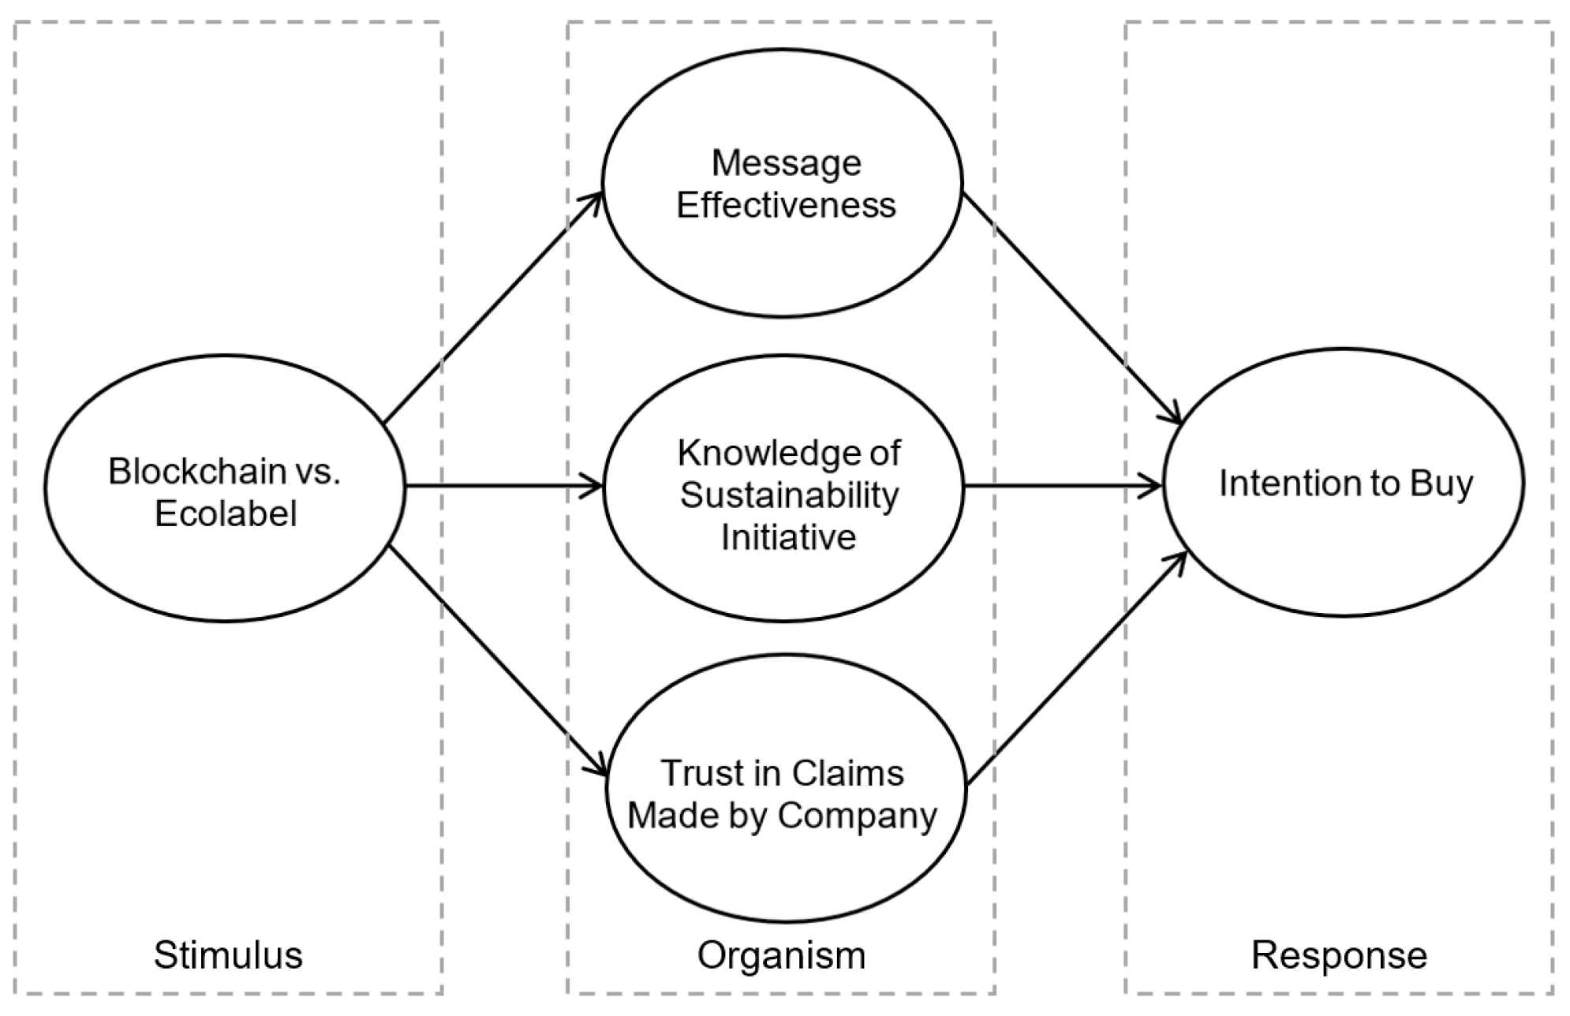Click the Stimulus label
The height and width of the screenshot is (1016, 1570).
point(228,955)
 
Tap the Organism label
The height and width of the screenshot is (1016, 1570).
point(781,955)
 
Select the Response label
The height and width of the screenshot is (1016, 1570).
point(1339,955)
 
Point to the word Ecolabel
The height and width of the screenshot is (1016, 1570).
point(226,514)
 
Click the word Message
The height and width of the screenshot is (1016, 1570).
point(786,163)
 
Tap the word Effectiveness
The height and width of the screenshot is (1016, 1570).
point(786,206)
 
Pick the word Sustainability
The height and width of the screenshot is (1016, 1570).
point(789,496)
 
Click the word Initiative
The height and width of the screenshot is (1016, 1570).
point(789,538)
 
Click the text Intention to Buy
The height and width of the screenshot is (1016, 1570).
point(1345,484)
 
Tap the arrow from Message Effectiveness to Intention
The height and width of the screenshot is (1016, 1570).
point(1073,308)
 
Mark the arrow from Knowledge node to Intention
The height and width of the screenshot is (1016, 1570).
point(1063,487)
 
